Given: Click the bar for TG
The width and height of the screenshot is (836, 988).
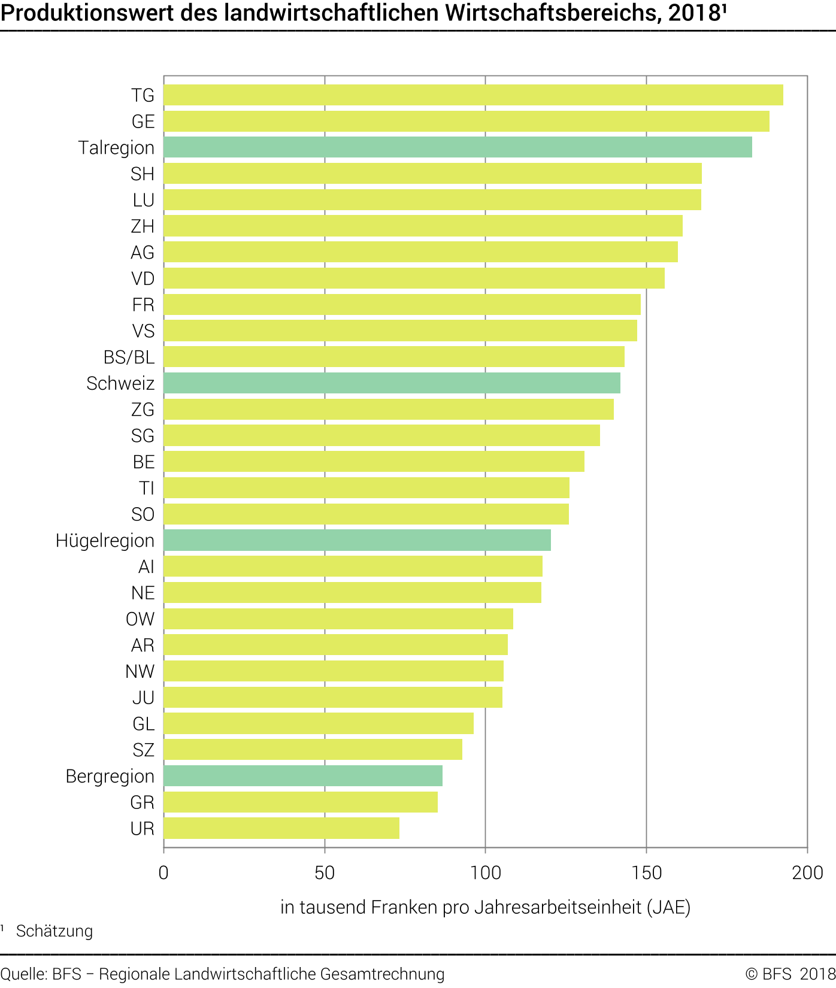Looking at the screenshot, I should pos(473,95).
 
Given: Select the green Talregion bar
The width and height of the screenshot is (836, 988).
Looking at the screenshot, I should pos(458,147).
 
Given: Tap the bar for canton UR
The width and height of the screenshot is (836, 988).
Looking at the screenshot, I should pos(281,828).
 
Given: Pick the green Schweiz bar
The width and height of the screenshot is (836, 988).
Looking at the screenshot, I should pos(392,383).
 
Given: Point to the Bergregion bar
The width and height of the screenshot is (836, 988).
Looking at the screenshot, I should pos(303,776).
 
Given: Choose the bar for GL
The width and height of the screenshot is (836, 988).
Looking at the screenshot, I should pos(319,723).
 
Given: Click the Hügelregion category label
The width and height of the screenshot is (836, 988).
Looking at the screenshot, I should pos(105,541).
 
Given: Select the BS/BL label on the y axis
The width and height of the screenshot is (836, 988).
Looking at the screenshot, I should pos(129,357).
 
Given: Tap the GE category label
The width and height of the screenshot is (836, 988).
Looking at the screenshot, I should pos(143,122).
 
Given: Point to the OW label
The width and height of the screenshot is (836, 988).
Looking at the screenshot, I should pos(140,619).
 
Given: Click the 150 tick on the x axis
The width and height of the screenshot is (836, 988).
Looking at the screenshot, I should pos(647,873).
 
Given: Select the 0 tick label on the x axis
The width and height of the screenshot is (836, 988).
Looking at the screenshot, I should pos(163,873).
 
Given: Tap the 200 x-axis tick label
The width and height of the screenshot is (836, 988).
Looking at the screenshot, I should pos(807,873).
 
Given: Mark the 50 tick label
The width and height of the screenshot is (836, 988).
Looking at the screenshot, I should pos(325,873).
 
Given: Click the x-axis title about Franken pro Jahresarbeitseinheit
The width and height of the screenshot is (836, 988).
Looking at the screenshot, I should pos(485,907).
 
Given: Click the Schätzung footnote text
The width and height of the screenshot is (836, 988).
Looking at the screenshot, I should pos(54,931).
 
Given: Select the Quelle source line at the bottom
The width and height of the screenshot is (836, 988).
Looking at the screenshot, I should pos(222,974).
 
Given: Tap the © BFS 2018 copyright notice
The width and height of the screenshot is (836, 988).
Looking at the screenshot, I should pos(790,974).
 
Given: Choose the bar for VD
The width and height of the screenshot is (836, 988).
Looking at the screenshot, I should pos(414,278).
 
